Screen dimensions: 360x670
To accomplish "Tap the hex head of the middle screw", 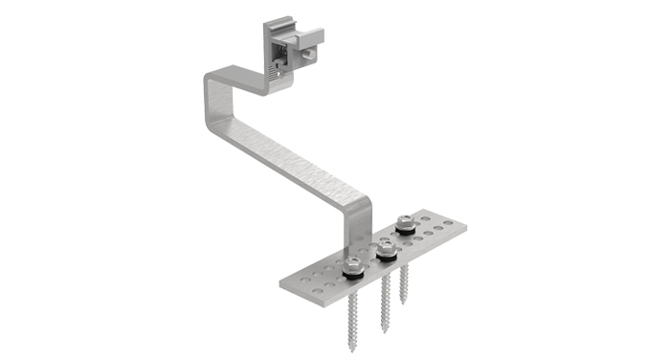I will [x=386, y=247].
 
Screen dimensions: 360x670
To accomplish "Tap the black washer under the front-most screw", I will [x=352, y=271].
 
